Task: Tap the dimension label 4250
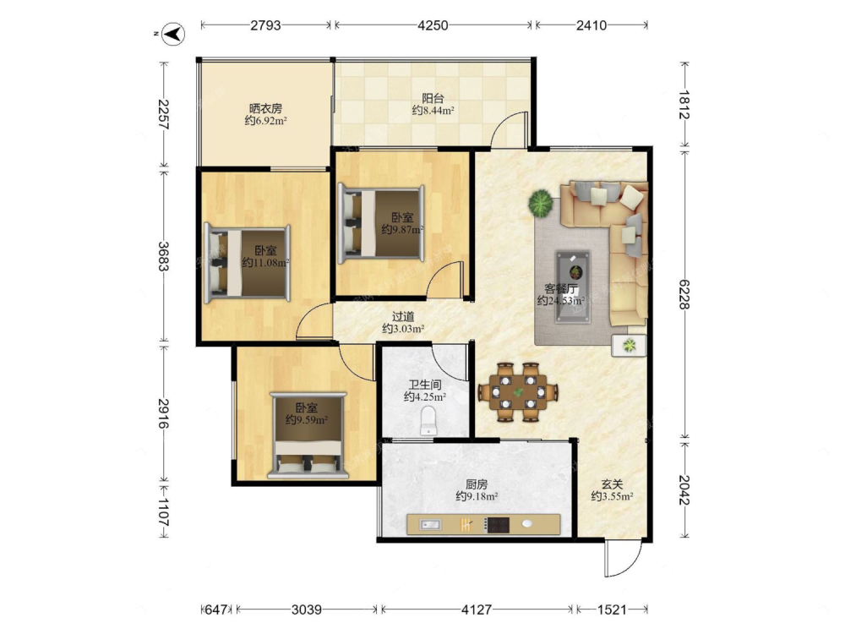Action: pos(433,25)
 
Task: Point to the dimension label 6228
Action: pos(684,294)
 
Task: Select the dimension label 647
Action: pos(216,609)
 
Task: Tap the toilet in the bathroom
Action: pos(428,420)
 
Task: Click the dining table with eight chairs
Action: pos(518,391)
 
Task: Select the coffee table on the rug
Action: pos(574,287)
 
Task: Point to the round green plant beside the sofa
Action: pos(541,203)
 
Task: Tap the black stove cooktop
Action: pos(497,524)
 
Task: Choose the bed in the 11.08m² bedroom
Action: pos(248,263)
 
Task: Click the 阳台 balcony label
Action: pos(433,98)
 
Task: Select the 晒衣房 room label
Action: pos(265,108)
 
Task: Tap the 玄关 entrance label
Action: pos(612,484)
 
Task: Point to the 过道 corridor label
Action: pos(402,316)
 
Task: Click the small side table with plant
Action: pos(630,345)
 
